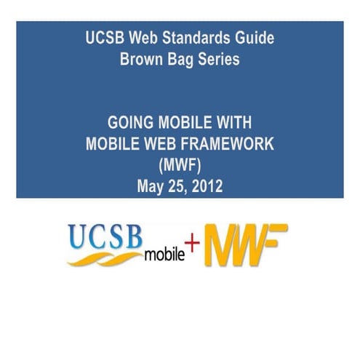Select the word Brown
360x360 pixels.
(x=141, y=60)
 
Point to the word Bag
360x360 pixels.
(x=181, y=60)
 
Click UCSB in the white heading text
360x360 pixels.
(x=102, y=38)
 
